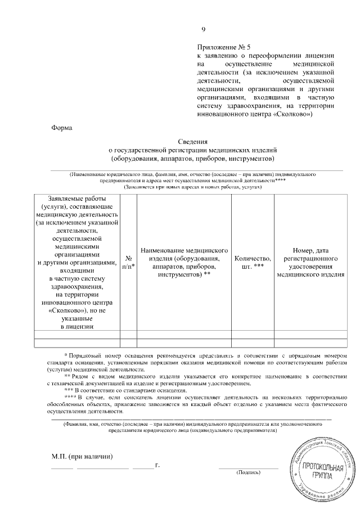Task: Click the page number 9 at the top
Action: (204, 29)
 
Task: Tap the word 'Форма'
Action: (62, 128)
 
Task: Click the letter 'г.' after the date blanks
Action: (157, 466)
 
